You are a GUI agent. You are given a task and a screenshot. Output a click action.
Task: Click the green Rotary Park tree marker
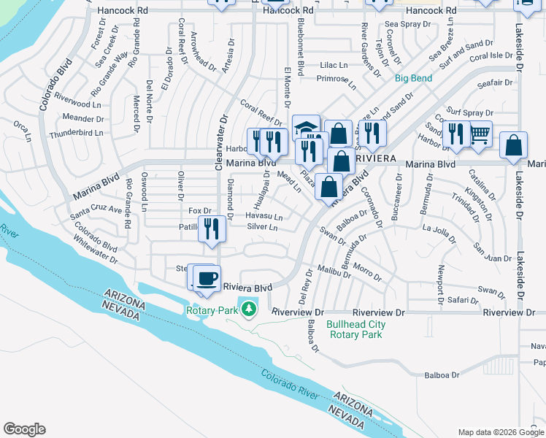pos(249,310)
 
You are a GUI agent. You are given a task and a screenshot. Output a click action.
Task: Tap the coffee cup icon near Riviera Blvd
pos(207,278)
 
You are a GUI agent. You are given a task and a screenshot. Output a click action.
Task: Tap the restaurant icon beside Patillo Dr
pos(212,228)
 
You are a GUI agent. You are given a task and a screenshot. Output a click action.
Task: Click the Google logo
pos(24,429)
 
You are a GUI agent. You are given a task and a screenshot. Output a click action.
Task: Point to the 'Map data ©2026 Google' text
pos(500,432)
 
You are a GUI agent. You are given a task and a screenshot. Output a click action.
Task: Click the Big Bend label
pos(413,78)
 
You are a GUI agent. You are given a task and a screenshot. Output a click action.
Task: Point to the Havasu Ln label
pos(264,216)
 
